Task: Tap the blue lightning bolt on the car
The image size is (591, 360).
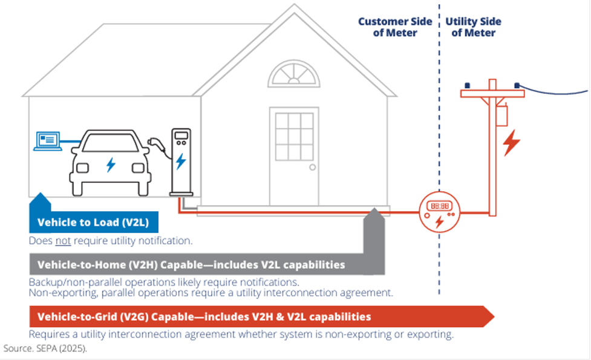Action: [110, 164]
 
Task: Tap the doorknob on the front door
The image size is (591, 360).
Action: [312, 168]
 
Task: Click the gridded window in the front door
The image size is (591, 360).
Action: [294, 137]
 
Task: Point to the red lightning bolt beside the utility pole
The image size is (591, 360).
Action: [512, 142]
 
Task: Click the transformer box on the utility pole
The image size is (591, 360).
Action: [501, 114]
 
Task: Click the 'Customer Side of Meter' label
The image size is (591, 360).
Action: [395, 27]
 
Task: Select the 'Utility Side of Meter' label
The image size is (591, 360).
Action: [473, 27]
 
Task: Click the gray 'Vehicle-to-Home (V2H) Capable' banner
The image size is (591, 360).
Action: [191, 265]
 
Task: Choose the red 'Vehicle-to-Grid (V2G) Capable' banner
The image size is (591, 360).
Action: [204, 316]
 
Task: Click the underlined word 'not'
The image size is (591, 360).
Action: [62, 241]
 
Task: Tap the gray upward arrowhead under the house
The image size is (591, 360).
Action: [375, 214]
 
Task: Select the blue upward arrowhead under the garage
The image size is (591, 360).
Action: [40, 200]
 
